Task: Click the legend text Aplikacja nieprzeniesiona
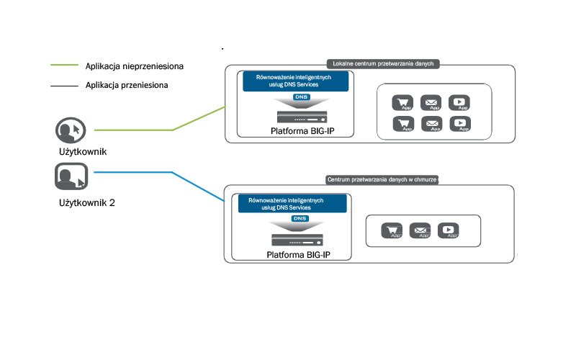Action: tap(134, 66)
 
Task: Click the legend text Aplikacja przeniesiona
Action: tap(127, 85)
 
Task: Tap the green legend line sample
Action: tap(63, 66)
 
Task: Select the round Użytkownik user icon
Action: tap(71, 130)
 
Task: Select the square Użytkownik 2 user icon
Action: tap(71, 176)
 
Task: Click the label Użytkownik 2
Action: tap(86, 203)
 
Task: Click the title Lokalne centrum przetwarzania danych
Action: tap(383, 63)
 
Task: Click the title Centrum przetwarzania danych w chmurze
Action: tap(382, 179)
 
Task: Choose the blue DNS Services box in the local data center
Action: tap(295, 81)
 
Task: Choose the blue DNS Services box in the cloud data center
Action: tap(293, 202)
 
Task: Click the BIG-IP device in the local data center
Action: tap(302, 116)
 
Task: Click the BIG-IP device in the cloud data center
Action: tap(297, 238)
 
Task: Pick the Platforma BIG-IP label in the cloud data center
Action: tap(299, 255)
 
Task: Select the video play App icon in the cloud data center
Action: tap(449, 231)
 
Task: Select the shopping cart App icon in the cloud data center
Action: tap(392, 231)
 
